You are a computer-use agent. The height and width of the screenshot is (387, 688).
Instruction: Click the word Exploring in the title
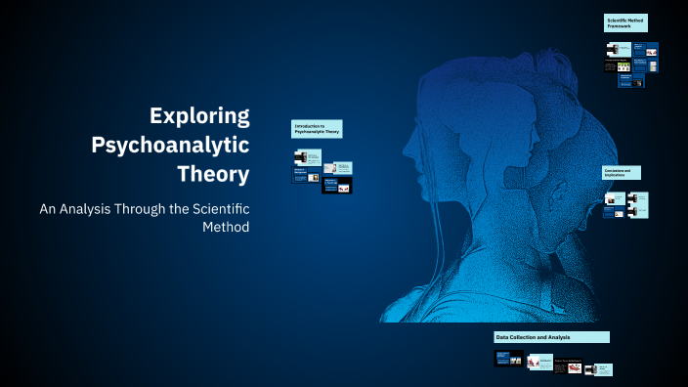[x=199, y=116]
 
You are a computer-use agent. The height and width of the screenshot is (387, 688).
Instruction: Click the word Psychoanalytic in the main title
[x=170, y=146]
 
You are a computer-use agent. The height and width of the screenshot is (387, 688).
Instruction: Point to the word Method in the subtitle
[x=226, y=227]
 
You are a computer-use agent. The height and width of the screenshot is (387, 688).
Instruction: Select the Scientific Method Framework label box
[x=625, y=23]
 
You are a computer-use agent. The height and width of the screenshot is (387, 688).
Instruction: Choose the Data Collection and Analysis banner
[x=551, y=337]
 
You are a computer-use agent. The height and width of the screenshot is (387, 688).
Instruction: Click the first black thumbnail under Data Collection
[x=509, y=359]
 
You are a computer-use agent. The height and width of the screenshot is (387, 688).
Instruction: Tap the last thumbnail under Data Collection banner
[x=604, y=368]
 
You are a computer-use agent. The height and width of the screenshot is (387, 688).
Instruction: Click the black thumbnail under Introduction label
[x=336, y=186]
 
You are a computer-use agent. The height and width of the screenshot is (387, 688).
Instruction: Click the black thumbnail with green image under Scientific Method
[x=617, y=66]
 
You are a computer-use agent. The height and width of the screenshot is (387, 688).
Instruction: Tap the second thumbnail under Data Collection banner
[x=538, y=363]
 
